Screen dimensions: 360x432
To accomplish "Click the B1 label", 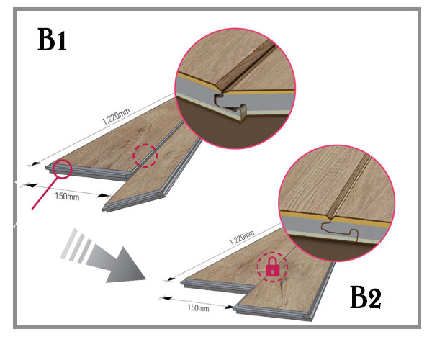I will point(53,42).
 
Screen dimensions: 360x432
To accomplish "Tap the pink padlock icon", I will point(273,269).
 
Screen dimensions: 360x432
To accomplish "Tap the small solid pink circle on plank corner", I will point(61,168).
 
